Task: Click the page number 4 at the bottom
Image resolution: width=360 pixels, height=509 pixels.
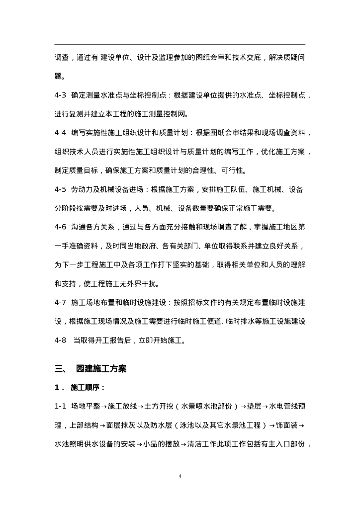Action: [180, 477]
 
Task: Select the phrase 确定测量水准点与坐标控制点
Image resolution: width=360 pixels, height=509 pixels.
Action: [117, 95]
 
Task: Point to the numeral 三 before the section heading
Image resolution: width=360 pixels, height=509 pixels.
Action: [59, 369]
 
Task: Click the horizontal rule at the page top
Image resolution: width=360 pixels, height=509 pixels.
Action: [180, 44]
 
